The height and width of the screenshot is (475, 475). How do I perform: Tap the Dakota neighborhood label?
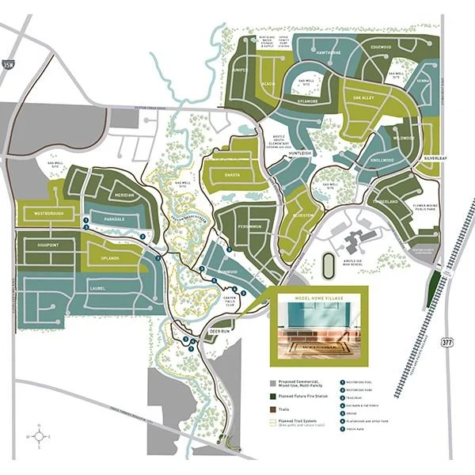tap(233, 174)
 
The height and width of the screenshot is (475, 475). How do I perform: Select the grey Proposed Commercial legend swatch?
tap(272, 382)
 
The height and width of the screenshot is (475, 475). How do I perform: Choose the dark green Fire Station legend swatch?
tap(272, 397)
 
